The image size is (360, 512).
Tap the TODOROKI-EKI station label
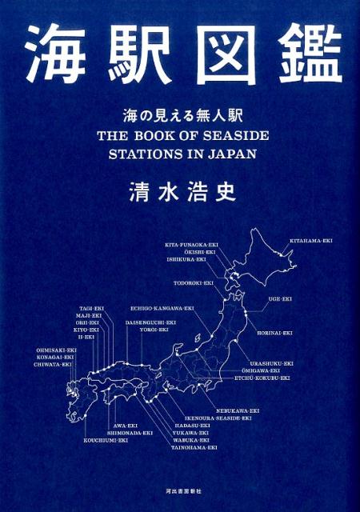(193, 282)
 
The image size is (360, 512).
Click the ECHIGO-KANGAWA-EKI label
(162, 307)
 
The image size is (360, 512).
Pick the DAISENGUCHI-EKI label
(150, 322)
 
